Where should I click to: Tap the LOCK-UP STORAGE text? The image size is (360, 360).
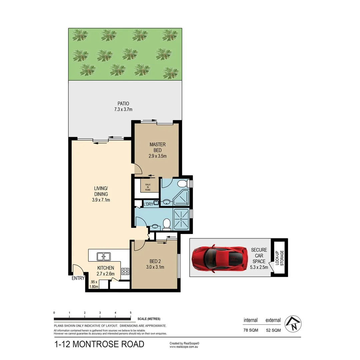pyautogui.click(x=279, y=258)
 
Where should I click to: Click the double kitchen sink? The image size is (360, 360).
pyautogui.click(x=104, y=256)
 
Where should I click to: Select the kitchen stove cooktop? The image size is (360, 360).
pyautogui.click(x=125, y=271)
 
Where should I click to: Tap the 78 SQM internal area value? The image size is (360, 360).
pyautogui.click(x=250, y=330)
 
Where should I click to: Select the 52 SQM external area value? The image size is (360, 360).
pyautogui.click(x=273, y=330)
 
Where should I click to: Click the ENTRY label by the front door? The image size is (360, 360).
pyautogui.click(x=78, y=279)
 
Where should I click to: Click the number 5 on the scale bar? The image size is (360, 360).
pyautogui.click(x=130, y=313)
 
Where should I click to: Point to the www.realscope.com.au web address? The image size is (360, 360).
pyautogui.click(x=184, y=347)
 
